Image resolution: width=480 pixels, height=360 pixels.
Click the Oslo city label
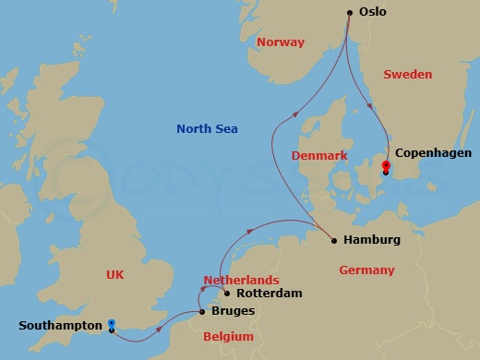coord(373,12)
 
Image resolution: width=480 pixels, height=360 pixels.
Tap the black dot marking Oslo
coord(350,12)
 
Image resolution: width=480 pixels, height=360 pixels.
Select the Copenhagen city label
coord(433,153)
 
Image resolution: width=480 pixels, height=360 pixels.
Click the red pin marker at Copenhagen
coord(386,166)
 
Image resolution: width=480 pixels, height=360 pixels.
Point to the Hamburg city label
coord(371,240)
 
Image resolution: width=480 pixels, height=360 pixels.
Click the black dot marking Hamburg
coord(334,241)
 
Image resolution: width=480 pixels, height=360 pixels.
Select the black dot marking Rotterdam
coord(226,294)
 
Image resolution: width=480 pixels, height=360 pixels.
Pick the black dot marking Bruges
coord(203,312)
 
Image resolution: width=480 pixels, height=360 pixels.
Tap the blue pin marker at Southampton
coord(112,324)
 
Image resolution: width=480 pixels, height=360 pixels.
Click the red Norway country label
coord(280,42)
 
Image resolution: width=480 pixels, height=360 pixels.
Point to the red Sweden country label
coord(407,74)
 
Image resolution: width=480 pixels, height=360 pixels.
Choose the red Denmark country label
coord(319,156)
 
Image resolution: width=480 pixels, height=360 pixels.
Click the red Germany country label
coord(366,270)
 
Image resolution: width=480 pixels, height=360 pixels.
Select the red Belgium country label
coord(227,338)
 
